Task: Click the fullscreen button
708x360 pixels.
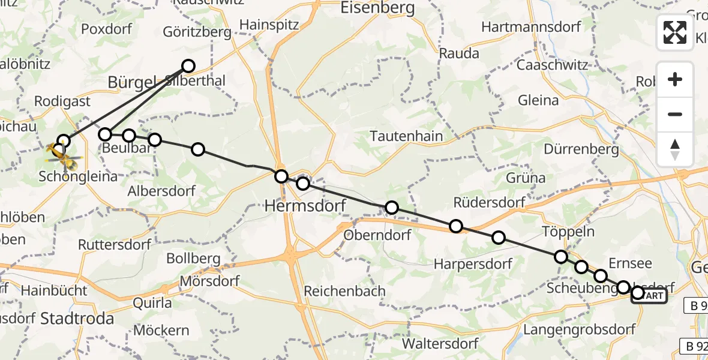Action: [675, 32]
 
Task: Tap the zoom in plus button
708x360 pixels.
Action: [675, 79]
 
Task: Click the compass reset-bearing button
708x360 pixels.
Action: [675, 149]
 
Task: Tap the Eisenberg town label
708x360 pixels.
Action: [377, 8]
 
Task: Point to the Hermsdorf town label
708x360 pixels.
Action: [306, 206]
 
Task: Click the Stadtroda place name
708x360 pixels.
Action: [77, 318]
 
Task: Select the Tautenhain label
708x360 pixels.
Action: [406, 136]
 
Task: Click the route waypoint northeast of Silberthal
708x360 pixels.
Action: [188, 66]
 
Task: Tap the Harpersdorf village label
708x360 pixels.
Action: [473, 263]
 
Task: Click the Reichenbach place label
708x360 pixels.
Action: [344, 291]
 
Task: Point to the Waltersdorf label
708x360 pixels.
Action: [440, 344]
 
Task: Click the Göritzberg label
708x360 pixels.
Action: [197, 32]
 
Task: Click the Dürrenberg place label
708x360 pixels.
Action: [581, 148]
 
